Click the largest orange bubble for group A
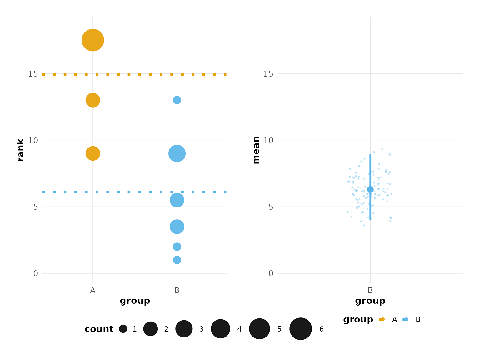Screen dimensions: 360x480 click(93, 40)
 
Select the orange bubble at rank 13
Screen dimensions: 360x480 click(93, 100)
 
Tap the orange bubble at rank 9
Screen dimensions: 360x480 click(93, 153)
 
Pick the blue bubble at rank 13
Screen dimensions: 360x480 click(177, 100)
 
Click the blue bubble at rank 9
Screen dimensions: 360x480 click(177, 153)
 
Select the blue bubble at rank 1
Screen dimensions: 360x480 click(177, 260)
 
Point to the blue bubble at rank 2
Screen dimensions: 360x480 click(177, 247)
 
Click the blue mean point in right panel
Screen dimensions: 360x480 click(370, 189)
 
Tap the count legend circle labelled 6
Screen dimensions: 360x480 click(301, 329)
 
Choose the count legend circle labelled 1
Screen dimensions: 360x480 click(123, 329)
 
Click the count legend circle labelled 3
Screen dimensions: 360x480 click(184, 329)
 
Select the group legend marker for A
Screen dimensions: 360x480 click(382, 319)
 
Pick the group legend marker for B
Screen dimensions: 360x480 click(405, 319)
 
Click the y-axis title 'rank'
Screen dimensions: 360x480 click(21, 150)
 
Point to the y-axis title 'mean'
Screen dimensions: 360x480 click(256, 150)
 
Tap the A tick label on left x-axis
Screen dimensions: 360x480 click(93, 291)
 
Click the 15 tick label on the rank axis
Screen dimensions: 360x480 click(33, 74)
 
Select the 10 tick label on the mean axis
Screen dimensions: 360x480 click(268, 140)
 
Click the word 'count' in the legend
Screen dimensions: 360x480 click(99, 329)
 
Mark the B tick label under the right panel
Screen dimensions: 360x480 click(370, 291)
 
